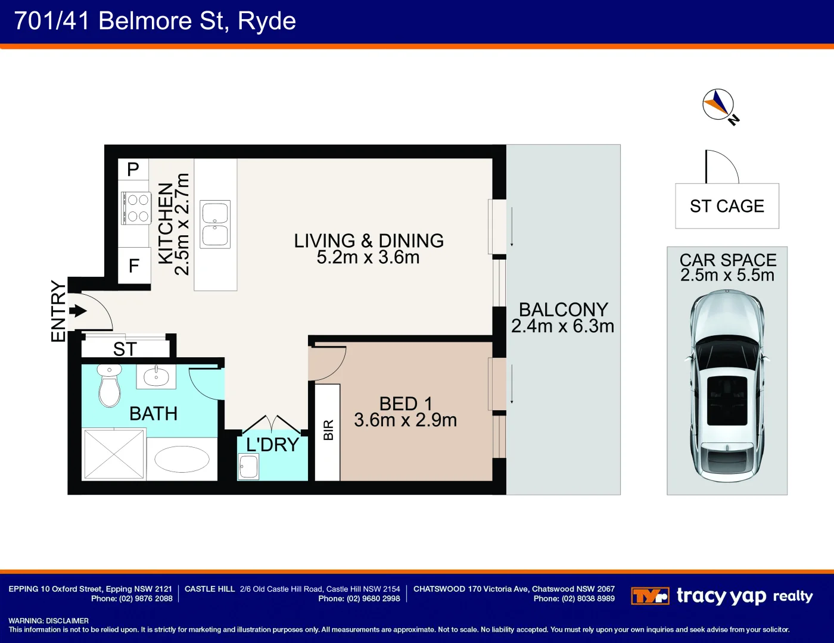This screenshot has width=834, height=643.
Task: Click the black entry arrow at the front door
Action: tap(78, 311)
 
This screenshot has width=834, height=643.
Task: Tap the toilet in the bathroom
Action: tap(109, 387)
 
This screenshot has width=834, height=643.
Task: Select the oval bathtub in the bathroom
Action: tap(182, 459)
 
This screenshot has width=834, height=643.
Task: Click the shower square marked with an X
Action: tap(114, 454)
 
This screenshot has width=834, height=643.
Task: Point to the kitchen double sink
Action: tap(215, 224)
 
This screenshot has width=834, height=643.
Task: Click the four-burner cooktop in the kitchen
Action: tap(137, 208)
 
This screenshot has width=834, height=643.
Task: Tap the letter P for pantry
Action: tap(133, 170)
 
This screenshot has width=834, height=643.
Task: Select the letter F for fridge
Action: tap(134, 266)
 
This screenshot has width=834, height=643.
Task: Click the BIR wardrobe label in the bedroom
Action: tap(328, 430)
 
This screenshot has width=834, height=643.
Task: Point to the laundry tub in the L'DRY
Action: tap(248, 467)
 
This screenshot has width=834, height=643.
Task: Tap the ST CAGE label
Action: tap(727, 206)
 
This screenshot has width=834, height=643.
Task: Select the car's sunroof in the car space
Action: tap(727, 394)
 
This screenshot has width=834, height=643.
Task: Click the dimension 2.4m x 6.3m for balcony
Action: tap(562, 326)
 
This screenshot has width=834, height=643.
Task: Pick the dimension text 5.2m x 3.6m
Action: tap(368, 257)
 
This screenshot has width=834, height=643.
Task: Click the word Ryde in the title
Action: tap(266, 21)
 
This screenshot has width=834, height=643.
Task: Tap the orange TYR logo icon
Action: tap(650, 596)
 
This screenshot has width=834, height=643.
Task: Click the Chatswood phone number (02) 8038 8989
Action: tap(574, 599)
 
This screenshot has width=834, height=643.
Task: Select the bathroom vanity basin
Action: tap(156, 377)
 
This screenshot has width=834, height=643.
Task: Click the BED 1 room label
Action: tap(406, 404)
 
